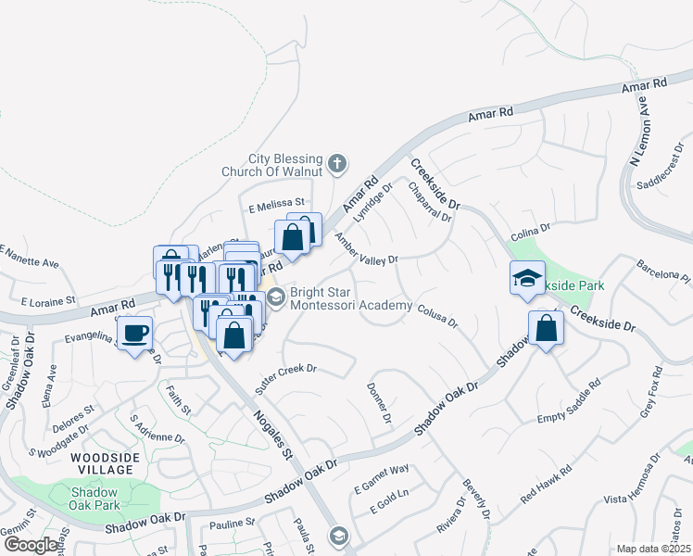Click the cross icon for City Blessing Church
tap(337, 164)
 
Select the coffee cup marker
tap(136, 333)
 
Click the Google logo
tap(31, 544)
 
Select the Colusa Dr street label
tap(437, 316)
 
